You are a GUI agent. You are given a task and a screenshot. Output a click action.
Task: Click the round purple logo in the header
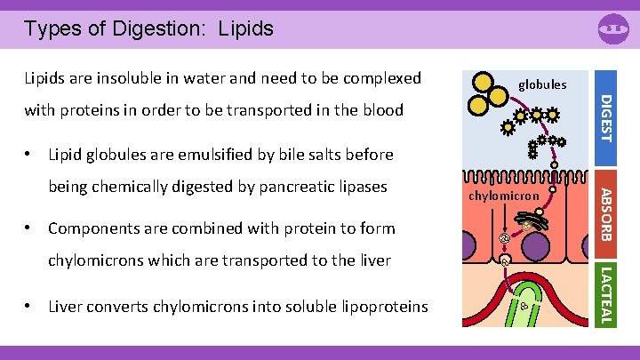click(x=613, y=30)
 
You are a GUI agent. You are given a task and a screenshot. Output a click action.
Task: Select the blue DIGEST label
click(x=605, y=117)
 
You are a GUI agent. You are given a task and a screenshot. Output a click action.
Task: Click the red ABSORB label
click(x=604, y=213)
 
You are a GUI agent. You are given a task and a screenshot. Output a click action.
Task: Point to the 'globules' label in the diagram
click(x=541, y=84)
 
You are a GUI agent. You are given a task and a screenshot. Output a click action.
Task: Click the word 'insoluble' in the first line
click(x=143, y=78)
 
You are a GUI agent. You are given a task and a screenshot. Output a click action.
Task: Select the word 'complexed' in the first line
click(x=373, y=78)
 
